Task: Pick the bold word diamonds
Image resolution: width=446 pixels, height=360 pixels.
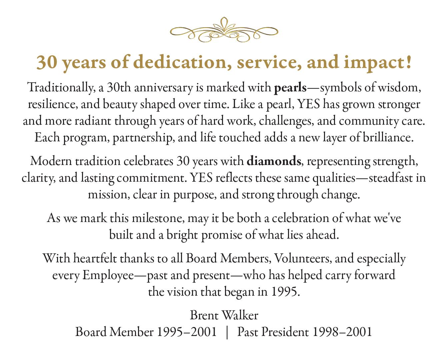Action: [274, 161]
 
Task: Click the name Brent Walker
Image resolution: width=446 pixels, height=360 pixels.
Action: [224, 315]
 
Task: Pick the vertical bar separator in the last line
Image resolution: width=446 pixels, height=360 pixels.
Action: [227, 332]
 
